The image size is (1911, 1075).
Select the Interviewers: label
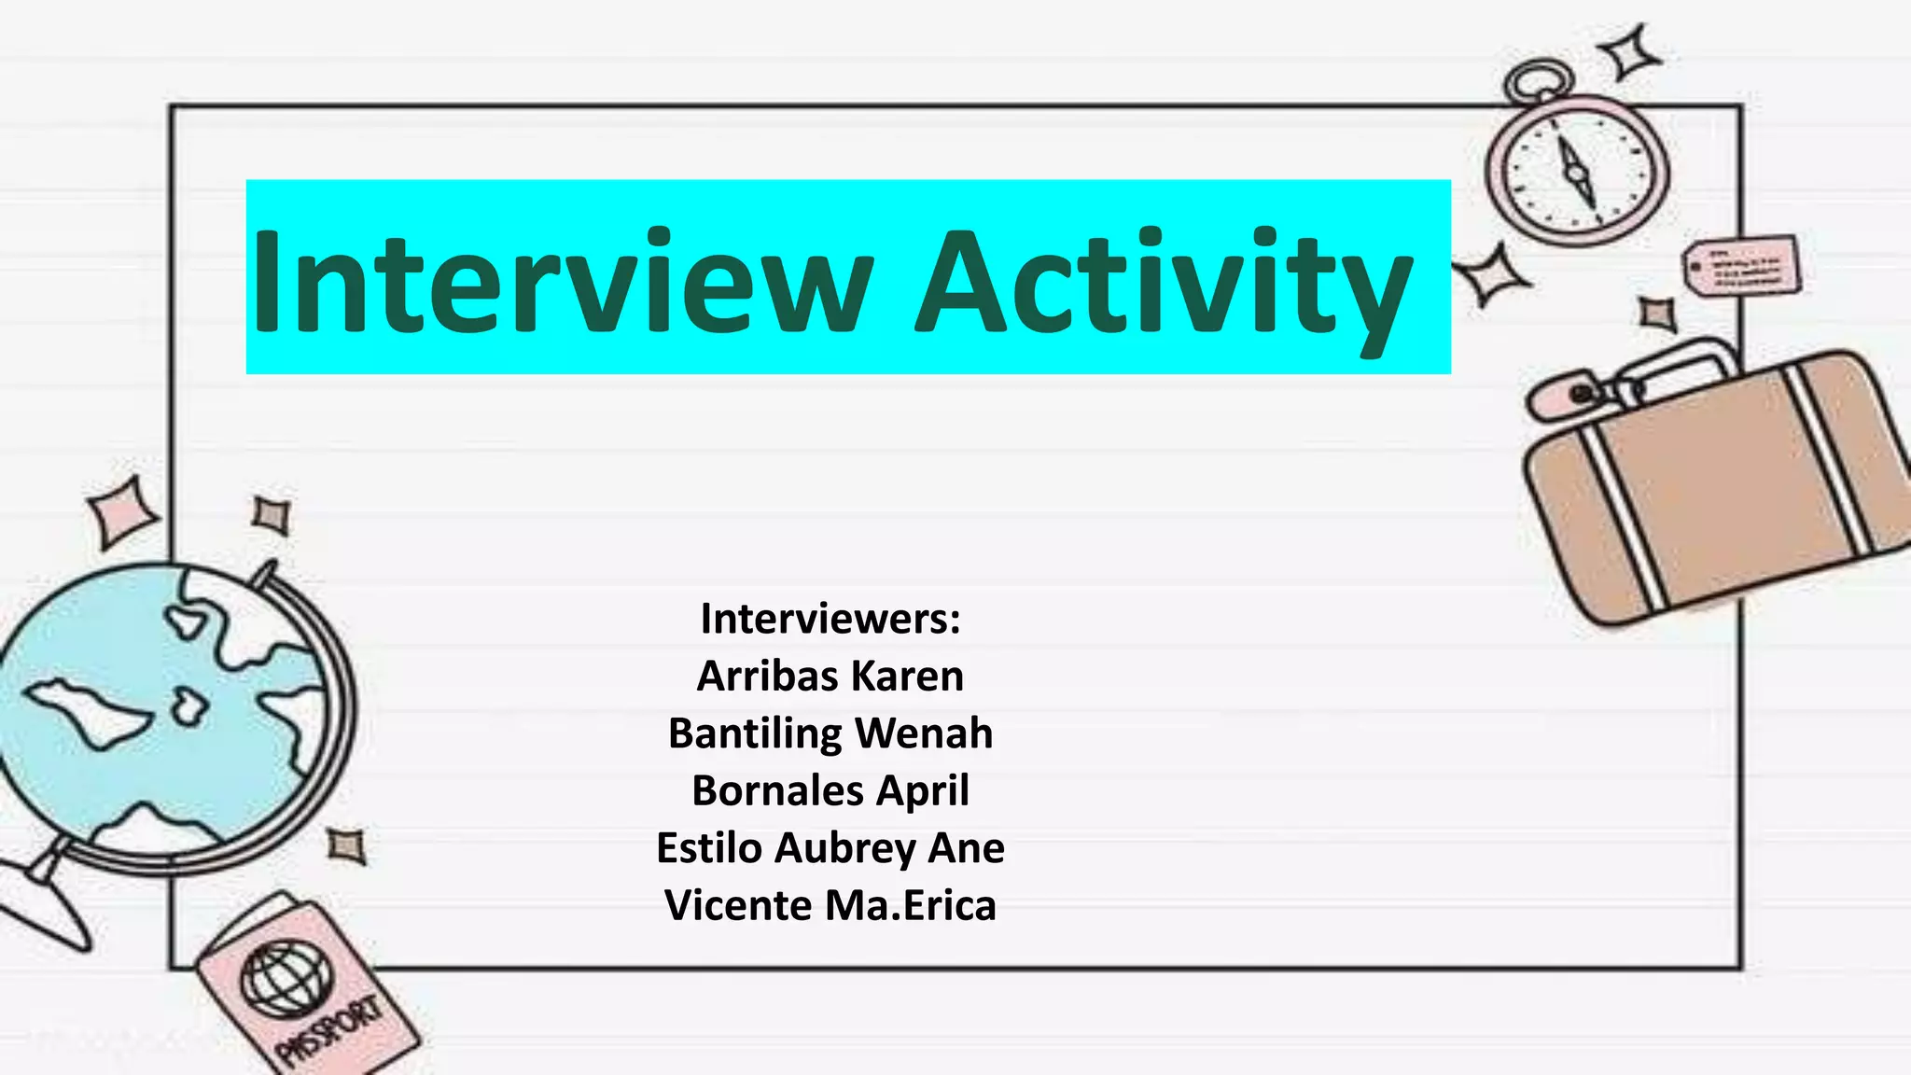[x=830, y=619]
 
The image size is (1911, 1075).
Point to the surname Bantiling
[x=755, y=733]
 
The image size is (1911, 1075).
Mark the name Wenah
[x=924, y=733]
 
